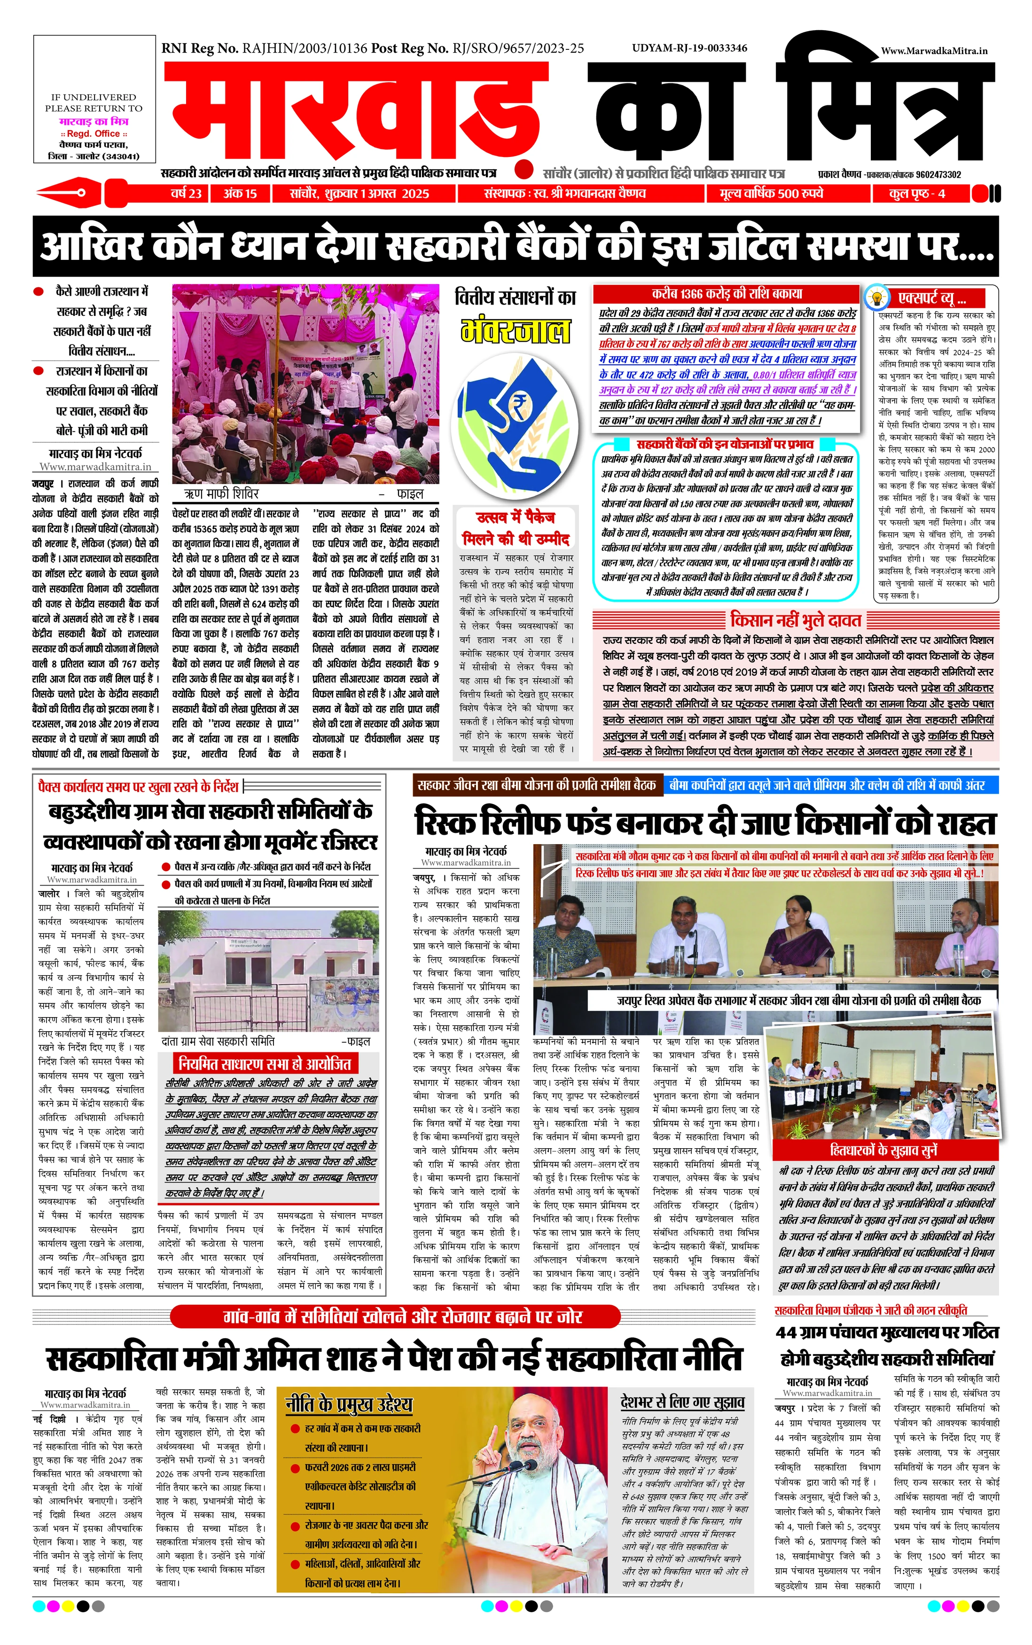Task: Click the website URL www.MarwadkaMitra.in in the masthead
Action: (x=934, y=50)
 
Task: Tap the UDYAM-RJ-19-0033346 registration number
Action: (x=689, y=48)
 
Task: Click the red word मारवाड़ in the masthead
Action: (x=355, y=113)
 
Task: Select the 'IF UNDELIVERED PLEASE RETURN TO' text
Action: (x=94, y=102)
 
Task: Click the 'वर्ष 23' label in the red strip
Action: (x=186, y=194)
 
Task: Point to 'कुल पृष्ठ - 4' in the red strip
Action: (x=917, y=194)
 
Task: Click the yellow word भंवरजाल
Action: (x=516, y=331)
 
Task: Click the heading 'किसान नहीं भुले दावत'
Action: (x=795, y=620)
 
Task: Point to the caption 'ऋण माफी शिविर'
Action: (x=221, y=493)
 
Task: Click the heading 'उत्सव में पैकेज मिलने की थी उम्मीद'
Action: (x=516, y=528)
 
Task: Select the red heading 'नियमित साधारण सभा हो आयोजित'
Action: (x=265, y=1064)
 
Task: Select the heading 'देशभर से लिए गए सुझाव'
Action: (x=682, y=1402)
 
